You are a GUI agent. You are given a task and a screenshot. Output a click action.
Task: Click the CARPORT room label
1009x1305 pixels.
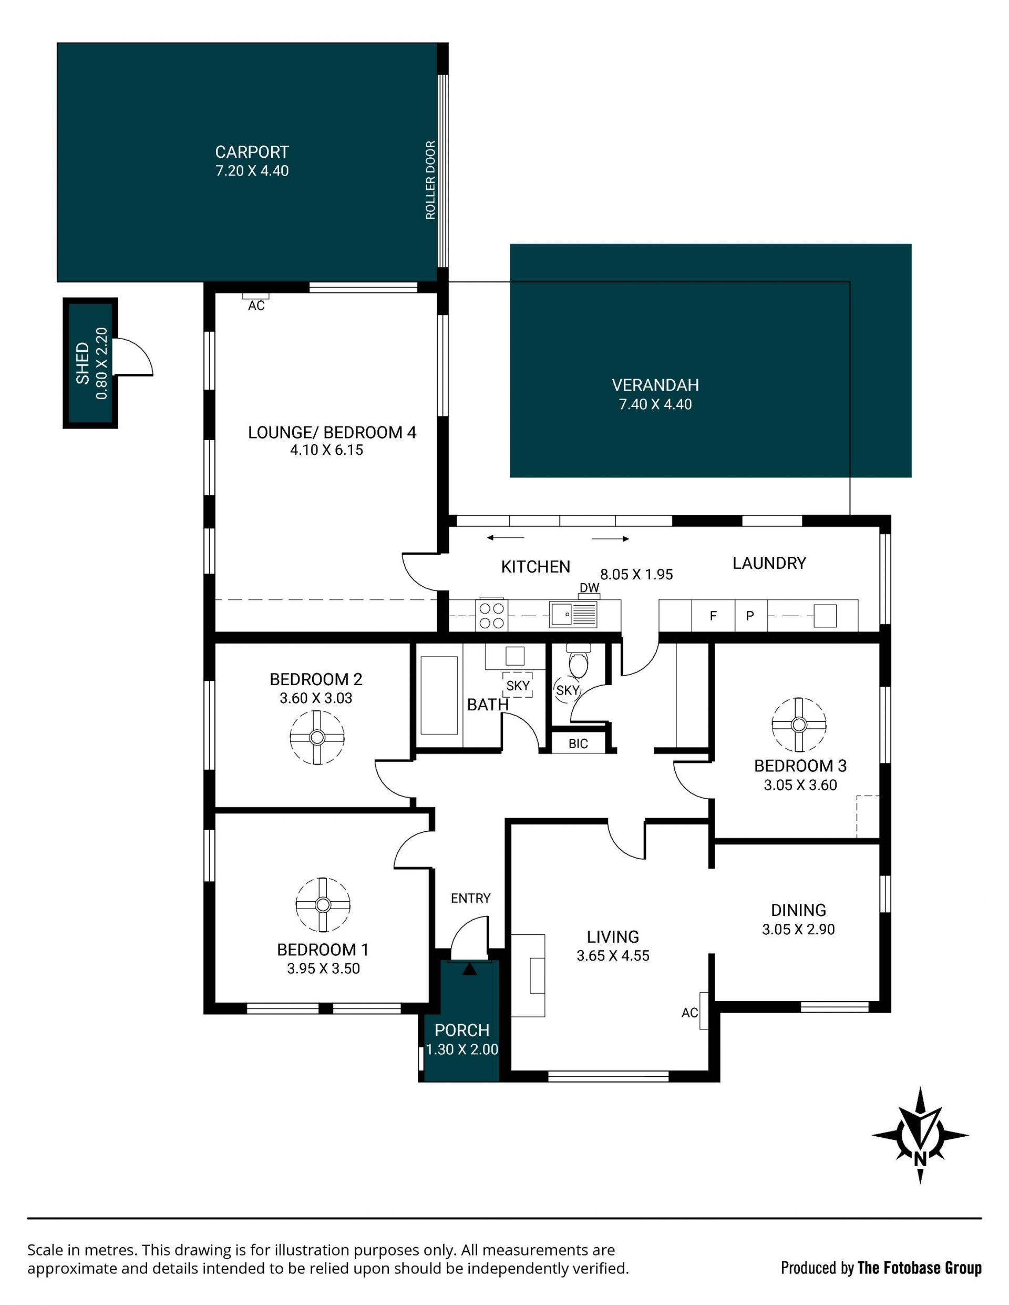pos(252,152)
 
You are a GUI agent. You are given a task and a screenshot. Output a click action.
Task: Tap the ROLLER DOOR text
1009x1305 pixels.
pos(430,180)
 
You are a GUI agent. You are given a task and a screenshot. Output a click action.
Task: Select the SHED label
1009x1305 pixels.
pos(83,363)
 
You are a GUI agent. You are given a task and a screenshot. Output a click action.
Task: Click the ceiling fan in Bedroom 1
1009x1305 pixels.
pos(323,905)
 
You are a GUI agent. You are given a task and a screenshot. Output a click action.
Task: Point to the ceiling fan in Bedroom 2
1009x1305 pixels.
pos(317,737)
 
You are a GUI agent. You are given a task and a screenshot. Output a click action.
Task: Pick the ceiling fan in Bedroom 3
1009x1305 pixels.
pos(799,724)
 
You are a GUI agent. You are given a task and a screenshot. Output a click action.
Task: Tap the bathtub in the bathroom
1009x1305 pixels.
pos(439,696)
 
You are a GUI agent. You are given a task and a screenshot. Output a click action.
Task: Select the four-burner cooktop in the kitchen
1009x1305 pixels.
pos(492,615)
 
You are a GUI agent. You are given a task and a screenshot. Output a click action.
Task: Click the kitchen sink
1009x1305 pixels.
pos(573,614)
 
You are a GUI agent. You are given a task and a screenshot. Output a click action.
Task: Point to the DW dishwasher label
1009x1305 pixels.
pos(589,587)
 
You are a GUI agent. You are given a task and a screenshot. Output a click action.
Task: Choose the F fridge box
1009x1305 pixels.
pos(713,616)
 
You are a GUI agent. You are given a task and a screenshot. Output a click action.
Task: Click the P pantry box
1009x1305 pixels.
pos(750,616)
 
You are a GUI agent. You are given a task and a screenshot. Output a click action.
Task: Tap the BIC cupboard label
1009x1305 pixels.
pos(578,744)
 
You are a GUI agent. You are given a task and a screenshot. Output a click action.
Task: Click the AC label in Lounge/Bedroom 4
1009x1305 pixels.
pos(256,306)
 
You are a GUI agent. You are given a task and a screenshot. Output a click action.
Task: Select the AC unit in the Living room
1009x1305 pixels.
pos(704,1011)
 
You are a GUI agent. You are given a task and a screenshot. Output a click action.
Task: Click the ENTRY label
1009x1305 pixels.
pos(471,898)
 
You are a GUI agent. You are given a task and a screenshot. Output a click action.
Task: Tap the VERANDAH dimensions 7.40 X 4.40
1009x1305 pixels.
pos(655,404)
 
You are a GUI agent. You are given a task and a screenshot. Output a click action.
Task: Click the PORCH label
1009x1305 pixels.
pos(462,1030)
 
